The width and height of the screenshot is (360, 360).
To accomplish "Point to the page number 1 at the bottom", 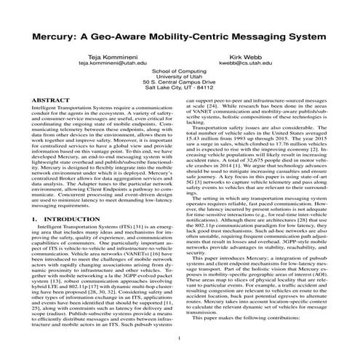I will (178, 339).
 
